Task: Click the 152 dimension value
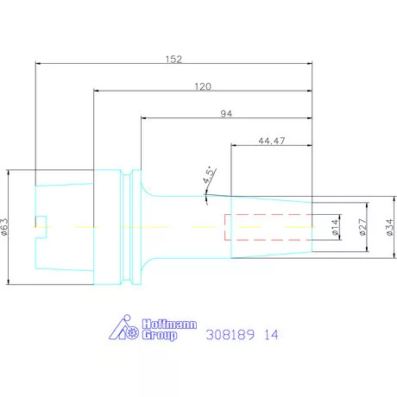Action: click(173, 60)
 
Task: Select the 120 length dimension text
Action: click(202, 87)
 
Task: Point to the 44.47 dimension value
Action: click(273, 142)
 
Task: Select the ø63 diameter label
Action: click(6, 227)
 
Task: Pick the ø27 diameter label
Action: click(363, 228)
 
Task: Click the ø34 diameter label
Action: click(389, 228)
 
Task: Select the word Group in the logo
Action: click(159, 335)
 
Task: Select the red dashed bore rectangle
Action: click(268, 227)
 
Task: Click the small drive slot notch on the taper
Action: click(40, 227)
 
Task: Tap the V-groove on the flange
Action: click(129, 227)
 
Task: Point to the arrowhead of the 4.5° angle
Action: click(207, 196)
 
